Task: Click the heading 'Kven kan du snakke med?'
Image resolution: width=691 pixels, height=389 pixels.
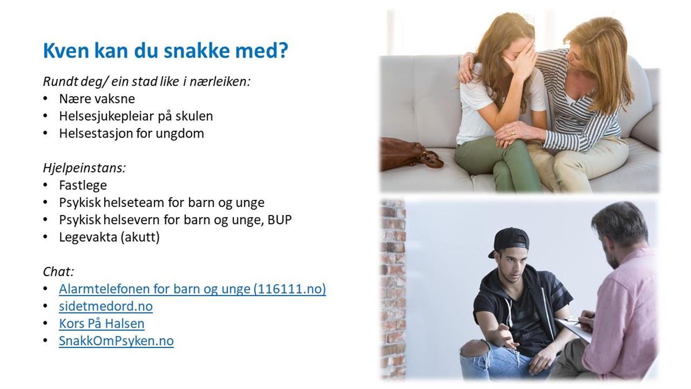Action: point(166,50)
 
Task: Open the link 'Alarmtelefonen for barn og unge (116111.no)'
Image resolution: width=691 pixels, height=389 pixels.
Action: point(192,289)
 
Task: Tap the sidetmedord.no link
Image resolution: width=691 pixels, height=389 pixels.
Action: point(106,306)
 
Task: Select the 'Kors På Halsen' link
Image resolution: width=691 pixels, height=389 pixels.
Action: point(102,323)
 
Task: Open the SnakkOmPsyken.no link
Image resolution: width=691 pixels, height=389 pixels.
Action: point(116,341)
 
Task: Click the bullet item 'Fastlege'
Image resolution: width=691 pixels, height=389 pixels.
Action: point(83,185)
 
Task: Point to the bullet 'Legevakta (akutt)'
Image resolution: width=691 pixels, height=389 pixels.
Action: point(109,237)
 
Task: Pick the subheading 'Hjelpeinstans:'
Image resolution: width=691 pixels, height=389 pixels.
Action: point(84,168)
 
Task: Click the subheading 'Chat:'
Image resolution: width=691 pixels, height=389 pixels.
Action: point(59,271)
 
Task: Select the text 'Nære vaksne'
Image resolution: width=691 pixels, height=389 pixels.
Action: point(97,99)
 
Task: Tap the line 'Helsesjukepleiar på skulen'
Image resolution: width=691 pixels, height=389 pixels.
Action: point(136,116)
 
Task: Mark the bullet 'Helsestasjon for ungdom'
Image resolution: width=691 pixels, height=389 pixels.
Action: point(132,133)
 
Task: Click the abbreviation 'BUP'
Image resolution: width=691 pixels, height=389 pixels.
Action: point(280,220)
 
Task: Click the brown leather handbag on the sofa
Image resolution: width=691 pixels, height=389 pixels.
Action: point(410,153)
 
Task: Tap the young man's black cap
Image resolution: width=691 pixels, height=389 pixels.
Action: point(510,241)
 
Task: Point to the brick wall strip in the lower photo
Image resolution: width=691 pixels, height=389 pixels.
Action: point(393,289)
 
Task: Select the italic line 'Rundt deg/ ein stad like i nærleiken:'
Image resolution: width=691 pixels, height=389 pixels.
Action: point(147,81)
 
